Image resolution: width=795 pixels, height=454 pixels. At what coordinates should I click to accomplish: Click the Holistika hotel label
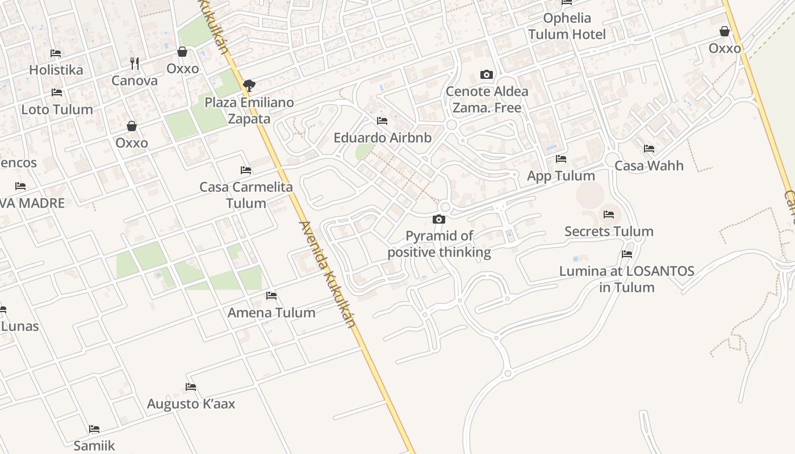tap(56, 70)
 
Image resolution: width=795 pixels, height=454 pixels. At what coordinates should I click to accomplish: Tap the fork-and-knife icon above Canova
tap(135, 62)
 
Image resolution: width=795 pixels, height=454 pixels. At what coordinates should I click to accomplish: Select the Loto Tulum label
tap(57, 109)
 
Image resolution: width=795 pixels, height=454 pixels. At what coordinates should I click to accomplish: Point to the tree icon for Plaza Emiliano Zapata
tap(249, 86)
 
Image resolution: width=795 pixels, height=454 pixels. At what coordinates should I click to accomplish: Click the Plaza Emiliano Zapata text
tap(249, 111)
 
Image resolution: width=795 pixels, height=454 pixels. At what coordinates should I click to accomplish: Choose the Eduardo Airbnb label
tap(382, 137)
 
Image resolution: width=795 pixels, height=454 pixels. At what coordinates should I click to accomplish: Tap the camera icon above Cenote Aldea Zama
tap(486, 74)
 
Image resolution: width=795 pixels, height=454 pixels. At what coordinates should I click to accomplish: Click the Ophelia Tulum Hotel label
tap(567, 26)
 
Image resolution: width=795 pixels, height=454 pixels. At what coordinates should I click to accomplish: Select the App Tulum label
tap(560, 175)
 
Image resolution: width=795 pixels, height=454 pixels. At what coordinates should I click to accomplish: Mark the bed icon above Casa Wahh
tap(649, 149)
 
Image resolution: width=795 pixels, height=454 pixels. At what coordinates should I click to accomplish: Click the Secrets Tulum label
tap(609, 231)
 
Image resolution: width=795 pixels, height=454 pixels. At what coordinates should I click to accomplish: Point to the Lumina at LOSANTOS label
tap(626, 279)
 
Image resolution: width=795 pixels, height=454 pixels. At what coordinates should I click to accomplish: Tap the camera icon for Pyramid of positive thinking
tap(439, 219)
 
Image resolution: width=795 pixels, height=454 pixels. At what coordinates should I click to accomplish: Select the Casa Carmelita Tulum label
tap(246, 195)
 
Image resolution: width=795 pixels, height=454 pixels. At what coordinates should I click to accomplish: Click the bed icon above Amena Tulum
tap(271, 295)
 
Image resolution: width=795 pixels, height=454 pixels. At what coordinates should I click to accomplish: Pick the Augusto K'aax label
tap(191, 403)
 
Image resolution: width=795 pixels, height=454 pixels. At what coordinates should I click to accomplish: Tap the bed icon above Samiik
tap(94, 428)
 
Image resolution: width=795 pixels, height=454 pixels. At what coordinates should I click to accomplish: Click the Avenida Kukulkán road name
tap(328, 274)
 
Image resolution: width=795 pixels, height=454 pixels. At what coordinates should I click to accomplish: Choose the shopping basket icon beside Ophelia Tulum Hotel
tap(725, 31)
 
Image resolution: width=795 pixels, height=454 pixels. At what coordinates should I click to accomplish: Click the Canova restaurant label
tap(135, 80)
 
